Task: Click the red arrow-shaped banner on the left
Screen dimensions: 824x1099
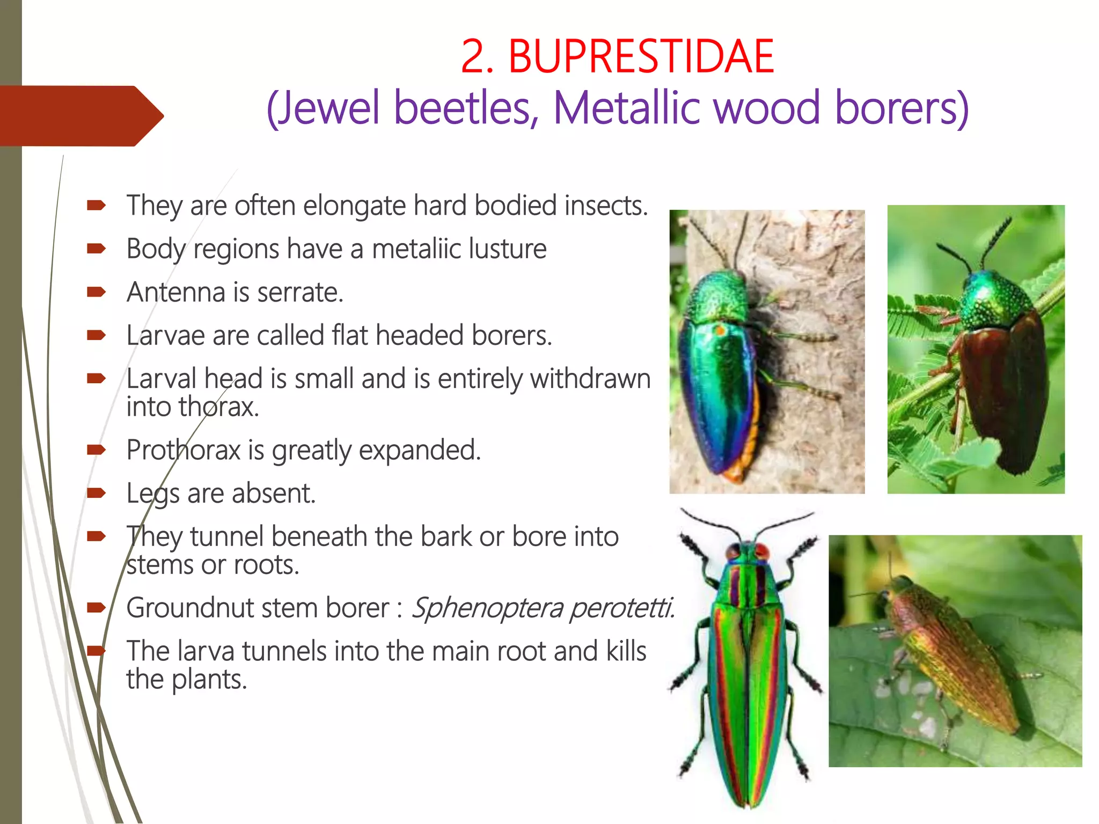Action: point(80,116)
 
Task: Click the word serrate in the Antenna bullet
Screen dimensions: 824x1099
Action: point(300,293)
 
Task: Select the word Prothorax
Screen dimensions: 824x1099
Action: point(183,450)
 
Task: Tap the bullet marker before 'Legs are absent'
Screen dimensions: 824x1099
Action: point(97,493)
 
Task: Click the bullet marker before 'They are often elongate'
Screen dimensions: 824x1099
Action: point(97,205)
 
